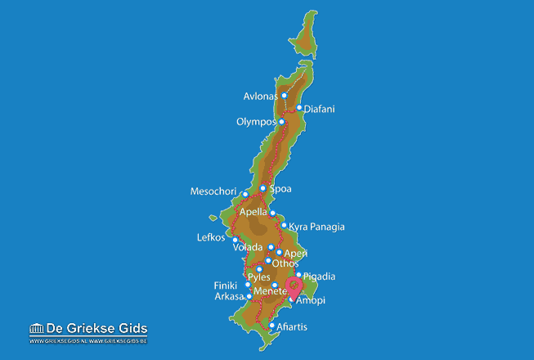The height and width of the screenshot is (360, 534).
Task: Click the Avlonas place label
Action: tap(260, 97)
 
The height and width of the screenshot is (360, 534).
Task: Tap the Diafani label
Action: tap(319, 109)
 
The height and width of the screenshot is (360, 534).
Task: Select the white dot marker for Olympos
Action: tap(281, 122)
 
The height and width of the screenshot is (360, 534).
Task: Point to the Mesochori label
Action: tap(213, 192)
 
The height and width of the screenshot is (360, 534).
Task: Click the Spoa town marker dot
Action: tap(263, 189)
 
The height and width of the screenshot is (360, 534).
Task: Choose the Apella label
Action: tap(253, 212)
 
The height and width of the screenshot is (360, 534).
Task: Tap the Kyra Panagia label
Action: tap(316, 227)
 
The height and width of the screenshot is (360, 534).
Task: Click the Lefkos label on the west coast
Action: tap(210, 238)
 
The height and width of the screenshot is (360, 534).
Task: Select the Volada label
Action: tap(248, 247)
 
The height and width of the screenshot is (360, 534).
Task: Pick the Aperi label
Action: tap(295, 254)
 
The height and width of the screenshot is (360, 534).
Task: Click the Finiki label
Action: tap(225, 286)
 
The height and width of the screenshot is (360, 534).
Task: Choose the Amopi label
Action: tap(311, 301)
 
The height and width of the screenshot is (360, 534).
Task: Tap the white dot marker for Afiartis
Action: tap(271, 326)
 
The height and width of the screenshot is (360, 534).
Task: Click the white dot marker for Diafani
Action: tap(299, 108)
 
